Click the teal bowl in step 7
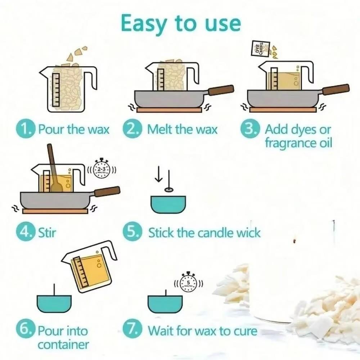(x=165, y=304)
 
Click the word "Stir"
(x=47, y=233)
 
